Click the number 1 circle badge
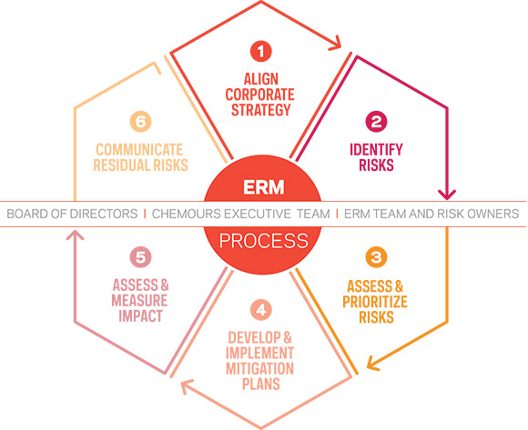[261, 52]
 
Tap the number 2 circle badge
[376, 122]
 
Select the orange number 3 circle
[376, 257]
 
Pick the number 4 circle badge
[261, 310]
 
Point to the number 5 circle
[141, 257]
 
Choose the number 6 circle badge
[141, 122]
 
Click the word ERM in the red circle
[264, 187]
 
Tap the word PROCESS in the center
[264, 241]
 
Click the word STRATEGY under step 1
[261, 110]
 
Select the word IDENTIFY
[376, 150]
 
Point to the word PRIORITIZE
[375, 302]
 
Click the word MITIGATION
[260, 368]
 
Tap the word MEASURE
[139, 301]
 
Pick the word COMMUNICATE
[139, 150]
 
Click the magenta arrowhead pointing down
[447, 195]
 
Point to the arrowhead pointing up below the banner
[75, 235]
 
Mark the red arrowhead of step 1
[335, 44]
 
